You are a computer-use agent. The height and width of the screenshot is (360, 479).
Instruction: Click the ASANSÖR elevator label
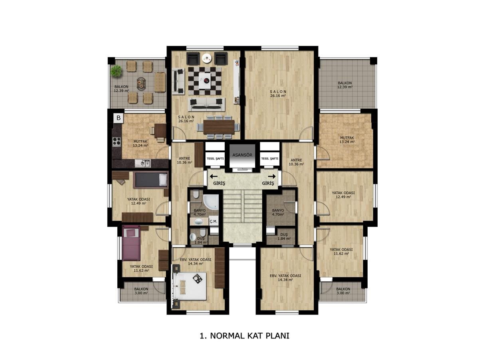coord(242,155)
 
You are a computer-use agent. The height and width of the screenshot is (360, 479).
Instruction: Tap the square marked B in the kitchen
coord(119,118)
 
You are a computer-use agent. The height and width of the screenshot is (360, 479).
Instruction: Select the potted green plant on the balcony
coord(116,71)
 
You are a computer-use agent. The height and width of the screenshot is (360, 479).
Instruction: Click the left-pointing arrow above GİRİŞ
coord(214,176)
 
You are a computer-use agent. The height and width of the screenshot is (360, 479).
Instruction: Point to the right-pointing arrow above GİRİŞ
coord(272,176)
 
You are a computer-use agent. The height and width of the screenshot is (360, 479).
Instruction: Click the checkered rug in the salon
coord(205,81)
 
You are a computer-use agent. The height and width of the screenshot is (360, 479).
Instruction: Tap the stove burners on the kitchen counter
coord(117,141)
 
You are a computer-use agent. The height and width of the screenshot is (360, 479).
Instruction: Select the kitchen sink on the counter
coord(143,163)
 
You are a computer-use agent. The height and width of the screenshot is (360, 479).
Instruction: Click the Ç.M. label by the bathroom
coord(213,221)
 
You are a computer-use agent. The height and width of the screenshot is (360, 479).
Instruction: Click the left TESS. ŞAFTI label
coord(215,159)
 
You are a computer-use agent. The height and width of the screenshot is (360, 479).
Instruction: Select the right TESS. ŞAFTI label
coord(269,159)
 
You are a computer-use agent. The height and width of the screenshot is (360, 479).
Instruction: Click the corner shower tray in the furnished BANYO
coord(211,202)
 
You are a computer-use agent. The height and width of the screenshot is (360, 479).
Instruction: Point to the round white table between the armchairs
coord(207,58)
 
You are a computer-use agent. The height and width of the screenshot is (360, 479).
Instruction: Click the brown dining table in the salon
coord(219,127)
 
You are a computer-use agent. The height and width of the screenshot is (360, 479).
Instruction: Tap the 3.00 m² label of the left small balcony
coord(141,293)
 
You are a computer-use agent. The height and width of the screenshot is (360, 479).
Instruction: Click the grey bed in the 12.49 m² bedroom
coord(150,180)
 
